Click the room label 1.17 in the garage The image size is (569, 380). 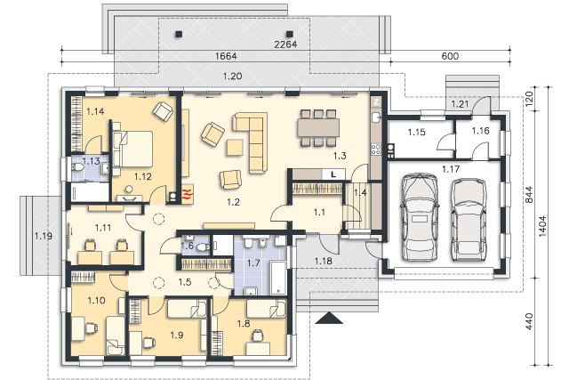click(451, 168)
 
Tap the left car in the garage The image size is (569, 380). click(420, 217)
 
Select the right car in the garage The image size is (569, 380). click(469, 220)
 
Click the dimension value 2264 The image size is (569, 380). click(285, 44)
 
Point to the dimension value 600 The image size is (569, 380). click(450, 56)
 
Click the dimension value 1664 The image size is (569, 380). click(226, 56)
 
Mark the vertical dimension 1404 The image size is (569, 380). click(542, 226)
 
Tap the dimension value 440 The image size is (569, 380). click(529, 321)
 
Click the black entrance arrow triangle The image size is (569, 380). click(329, 318)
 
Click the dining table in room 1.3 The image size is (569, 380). click(318, 128)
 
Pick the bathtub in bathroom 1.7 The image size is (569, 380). click(278, 278)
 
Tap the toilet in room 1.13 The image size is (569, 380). click(77, 168)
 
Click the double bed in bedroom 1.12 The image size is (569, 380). click(132, 149)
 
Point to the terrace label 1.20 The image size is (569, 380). click(232, 77)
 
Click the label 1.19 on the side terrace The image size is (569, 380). click(44, 236)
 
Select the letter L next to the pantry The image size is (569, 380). click(333, 174)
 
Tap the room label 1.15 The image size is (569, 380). click(416, 132)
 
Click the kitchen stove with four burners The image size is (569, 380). click(375, 149)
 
